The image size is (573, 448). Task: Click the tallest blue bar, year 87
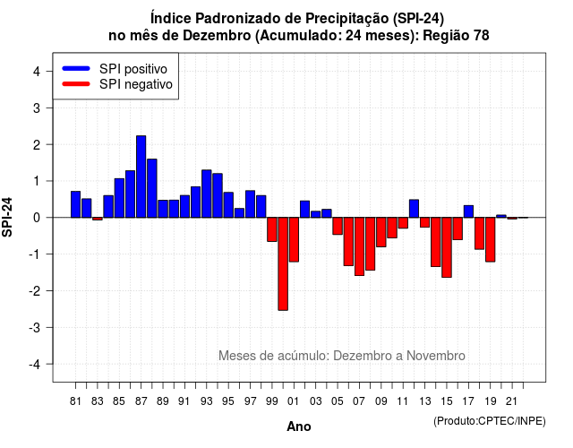[x=141, y=177]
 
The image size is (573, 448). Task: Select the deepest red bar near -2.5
[x=283, y=263]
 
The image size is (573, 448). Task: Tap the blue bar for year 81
[x=75, y=204]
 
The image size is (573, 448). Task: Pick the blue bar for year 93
[x=207, y=194]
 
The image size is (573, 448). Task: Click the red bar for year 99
[x=272, y=229]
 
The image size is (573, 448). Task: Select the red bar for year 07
[x=359, y=246]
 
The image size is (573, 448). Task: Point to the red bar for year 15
[x=447, y=247]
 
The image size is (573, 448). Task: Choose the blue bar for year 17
[x=468, y=211]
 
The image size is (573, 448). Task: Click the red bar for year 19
[x=491, y=239]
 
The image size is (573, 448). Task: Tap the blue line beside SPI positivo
[x=76, y=68]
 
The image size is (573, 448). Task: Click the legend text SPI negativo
[x=136, y=84]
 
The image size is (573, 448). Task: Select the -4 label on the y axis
[x=35, y=365]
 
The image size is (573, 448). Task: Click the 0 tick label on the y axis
[x=37, y=218]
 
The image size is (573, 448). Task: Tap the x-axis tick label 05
[x=338, y=401]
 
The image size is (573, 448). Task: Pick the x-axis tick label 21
[x=512, y=401]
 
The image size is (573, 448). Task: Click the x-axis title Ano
[x=299, y=426]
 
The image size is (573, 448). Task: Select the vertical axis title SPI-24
[x=7, y=217]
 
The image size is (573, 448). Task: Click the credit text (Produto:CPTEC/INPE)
[x=490, y=421]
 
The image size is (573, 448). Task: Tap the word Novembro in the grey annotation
[x=436, y=356]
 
